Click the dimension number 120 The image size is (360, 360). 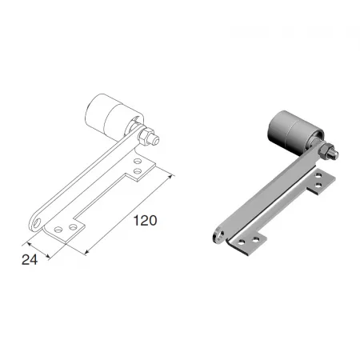(x=145, y=221)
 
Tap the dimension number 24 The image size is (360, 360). (x=30, y=260)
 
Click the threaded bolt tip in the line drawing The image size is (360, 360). (x=154, y=139)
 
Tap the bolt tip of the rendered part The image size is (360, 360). (x=334, y=154)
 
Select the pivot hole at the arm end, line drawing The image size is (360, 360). (x=37, y=222)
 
